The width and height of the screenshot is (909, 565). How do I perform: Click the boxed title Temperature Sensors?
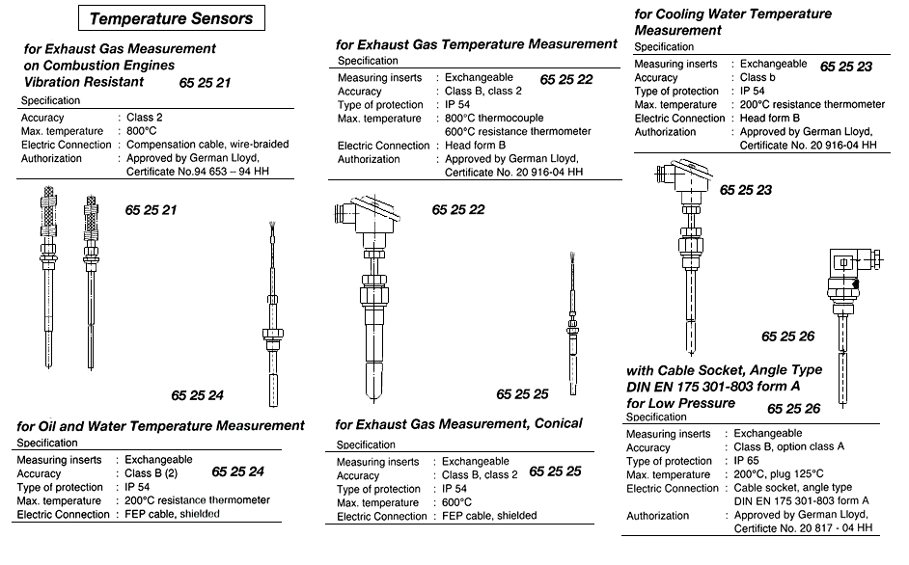(x=171, y=18)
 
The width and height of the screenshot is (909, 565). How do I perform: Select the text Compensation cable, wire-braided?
(x=207, y=145)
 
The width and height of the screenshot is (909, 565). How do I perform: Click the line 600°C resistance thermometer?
(x=517, y=132)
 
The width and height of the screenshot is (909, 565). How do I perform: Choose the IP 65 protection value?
(x=748, y=462)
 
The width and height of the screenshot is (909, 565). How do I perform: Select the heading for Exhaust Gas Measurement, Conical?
(x=458, y=424)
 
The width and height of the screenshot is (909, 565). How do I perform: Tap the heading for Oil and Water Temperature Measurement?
(x=161, y=425)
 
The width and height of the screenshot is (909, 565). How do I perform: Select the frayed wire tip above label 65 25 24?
(x=272, y=230)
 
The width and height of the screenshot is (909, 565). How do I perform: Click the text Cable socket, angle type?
(x=794, y=489)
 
